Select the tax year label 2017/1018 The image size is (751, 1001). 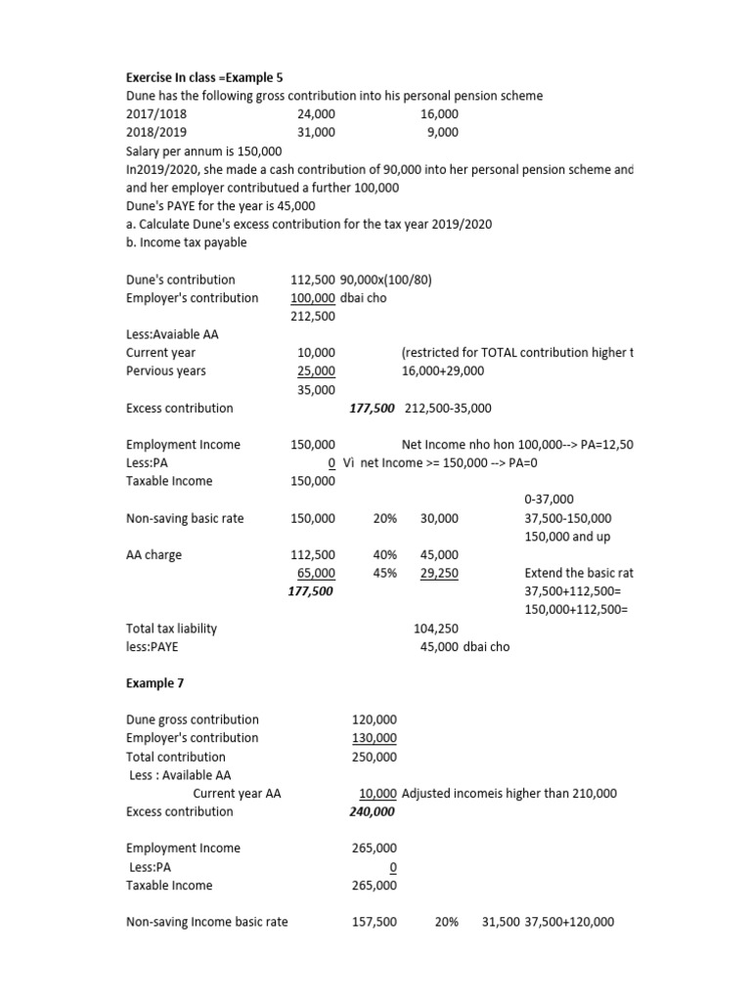click(x=156, y=114)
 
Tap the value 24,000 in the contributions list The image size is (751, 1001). click(x=315, y=114)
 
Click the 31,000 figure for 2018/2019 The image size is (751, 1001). click(x=315, y=132)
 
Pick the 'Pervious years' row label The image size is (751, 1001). click(x=166, y=371)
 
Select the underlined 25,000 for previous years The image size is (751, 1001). click(x=316, y=371)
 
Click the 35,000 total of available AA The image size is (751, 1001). click(x=316, y=389)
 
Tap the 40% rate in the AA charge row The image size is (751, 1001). click(x=384, y=555)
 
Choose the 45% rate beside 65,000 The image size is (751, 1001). click(x=384, y=574)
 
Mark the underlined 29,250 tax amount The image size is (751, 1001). click(x=439, y=574)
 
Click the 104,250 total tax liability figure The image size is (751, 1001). click(x=436, y=629)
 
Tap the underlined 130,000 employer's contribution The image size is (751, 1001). click(x=374, y=738)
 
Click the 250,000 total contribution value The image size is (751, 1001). click(x=374, y=757)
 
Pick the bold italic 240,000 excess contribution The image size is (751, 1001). click(x=372, y=812)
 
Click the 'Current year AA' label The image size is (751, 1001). click(x=237, y=794)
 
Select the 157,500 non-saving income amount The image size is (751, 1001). click(x=374, y=922)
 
